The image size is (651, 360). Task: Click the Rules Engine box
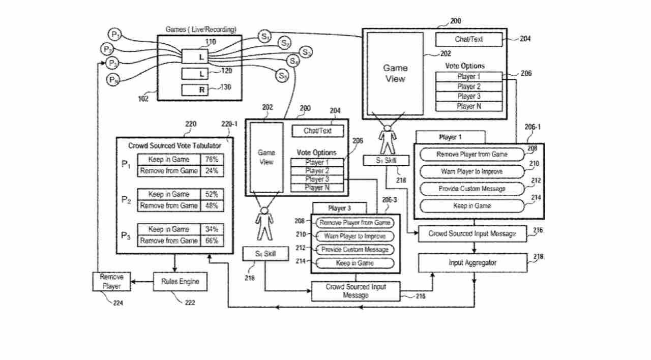click(181, 281)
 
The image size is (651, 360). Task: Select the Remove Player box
click(111, 281)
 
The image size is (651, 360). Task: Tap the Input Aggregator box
click(472, 263)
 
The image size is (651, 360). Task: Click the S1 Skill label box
click(387, 161)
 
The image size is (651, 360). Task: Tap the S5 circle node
click(283, 76)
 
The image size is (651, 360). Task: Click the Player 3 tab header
click(339, 208)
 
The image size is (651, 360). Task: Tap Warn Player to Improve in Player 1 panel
click(471, 171)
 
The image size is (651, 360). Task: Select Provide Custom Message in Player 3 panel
click(354, 250)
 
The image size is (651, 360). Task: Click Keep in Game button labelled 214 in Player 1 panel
click(471, 206)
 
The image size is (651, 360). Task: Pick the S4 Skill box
click(266, 253)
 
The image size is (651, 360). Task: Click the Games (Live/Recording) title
click(201, 30)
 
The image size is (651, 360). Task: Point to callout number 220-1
click(229, 124)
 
